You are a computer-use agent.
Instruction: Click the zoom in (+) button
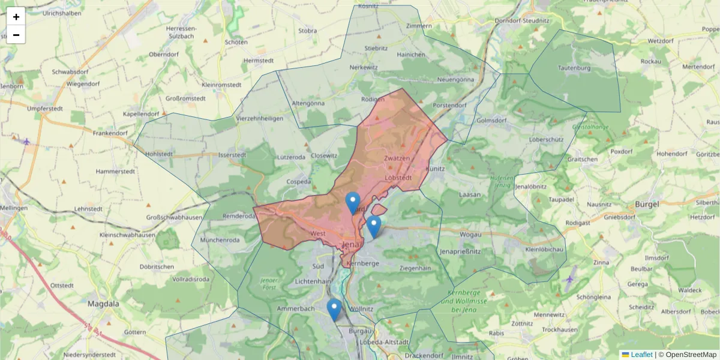coord(16,17)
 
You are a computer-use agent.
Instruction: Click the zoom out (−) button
coord(16,35)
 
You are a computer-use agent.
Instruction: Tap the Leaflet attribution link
coord(641,355)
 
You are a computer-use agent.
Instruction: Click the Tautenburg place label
coord(574,68)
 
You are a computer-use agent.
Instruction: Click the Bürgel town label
coord(647,204)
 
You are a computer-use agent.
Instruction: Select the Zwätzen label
coord(397,158)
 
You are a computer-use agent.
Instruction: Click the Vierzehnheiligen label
coord(260,118)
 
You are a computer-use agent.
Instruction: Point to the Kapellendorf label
coord(140,114)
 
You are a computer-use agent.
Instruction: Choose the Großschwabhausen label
coord(173,217)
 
